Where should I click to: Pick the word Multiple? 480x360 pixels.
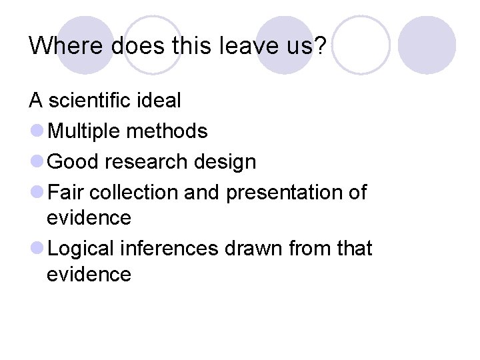pyautogui.click(x=85, y=131)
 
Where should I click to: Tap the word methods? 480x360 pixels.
pyautogui.click(x=167, y=131)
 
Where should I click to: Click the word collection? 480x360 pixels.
pyautogui.click(x=133, y=193)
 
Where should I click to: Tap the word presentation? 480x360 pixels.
pyautogui.click(x=286, y=193)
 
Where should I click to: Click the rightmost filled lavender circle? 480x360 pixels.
pyautogui.click(x=427, y=45)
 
